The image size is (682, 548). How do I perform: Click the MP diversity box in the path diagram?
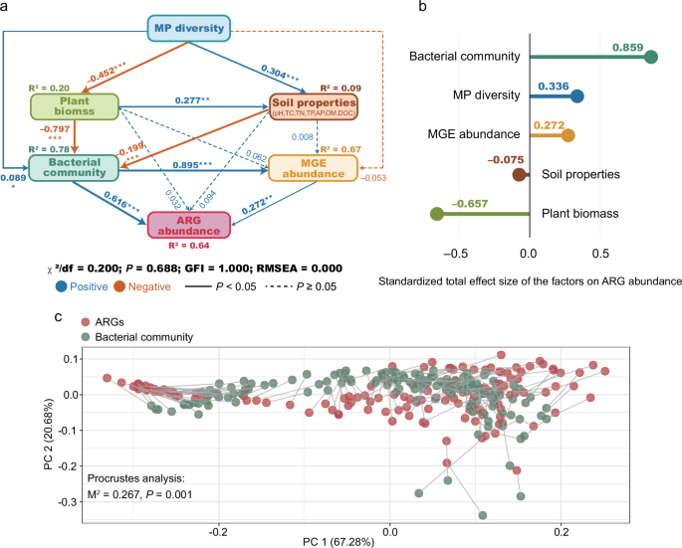[x=189, y=28]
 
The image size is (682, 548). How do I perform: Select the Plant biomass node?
[x=75, y=106]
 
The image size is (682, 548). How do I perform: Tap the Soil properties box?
[x=315, y=106]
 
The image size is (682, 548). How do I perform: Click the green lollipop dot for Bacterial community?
[x=651, y=57]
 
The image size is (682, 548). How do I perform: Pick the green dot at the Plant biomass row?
[x=435, y=214]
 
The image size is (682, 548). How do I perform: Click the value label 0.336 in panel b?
[x=553, y=86]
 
